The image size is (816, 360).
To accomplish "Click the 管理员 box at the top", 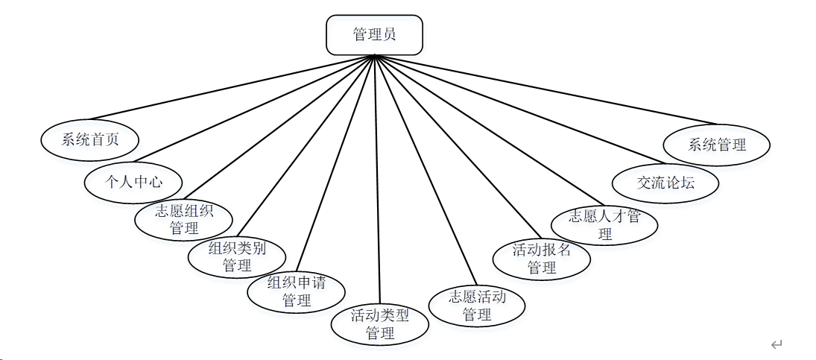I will point(374,35).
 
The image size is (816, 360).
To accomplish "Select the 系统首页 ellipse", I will point(90,139).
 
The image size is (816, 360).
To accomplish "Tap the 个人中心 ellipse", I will point(133,181).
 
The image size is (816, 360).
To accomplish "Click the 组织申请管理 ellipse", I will point(296,291).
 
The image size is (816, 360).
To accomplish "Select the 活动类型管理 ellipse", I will point(380,324).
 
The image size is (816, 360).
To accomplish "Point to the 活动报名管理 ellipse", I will point(542,259).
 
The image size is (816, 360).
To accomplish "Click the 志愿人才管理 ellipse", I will point(604,224).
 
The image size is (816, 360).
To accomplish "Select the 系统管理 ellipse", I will point(717,144).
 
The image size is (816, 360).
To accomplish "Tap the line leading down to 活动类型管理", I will point(378,186).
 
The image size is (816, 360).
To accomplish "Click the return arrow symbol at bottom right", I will point(777,344).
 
